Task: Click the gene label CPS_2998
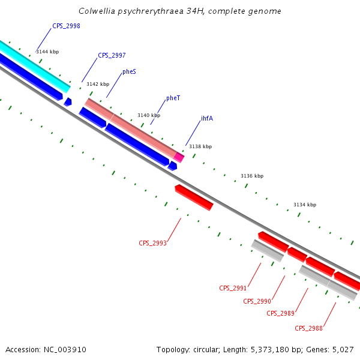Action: [66, 26]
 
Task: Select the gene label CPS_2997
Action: [112, 55]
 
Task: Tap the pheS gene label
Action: [129, 72]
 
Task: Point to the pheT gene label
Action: [173, 98]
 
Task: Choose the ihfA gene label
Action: [207, 118]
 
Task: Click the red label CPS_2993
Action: [152, 243]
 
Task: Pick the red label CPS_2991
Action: [233, 288]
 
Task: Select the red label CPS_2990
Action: [257, 301]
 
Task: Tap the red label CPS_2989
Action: [280, 313]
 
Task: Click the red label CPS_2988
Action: [308, 328]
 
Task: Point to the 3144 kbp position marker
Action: [47, 52]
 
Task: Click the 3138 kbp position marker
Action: [200, 146]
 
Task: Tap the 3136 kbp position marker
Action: [252, 176]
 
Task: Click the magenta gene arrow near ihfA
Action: [179, 157]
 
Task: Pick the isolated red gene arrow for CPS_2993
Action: [194, 197]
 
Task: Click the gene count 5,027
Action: [343, 349]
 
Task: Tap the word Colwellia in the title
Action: [98, 11]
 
